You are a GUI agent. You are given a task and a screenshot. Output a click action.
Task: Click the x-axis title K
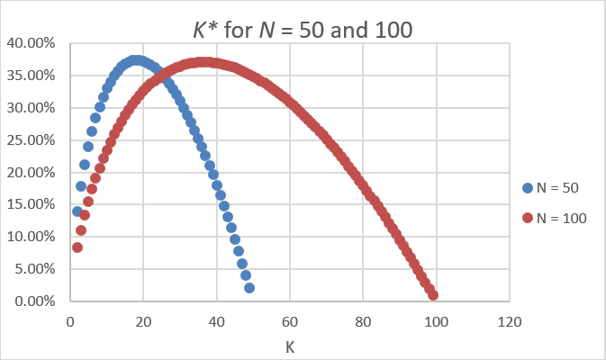click(x=289, y=345)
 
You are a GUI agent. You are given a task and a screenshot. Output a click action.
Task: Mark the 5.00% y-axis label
click(x=34, y=268)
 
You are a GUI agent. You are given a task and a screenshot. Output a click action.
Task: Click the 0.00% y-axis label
click(x=34, y=301)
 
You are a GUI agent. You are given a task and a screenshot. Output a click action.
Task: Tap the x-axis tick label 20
click(x=143, y=319)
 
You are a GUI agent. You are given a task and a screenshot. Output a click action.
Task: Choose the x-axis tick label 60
click(x=290, y=319)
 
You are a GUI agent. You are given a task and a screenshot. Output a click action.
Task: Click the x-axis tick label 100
click(x=436, y=319)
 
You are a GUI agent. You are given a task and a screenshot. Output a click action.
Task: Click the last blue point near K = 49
click(x=249, y=288)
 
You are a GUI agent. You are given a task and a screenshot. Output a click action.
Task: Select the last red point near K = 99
click(x=433, y=294)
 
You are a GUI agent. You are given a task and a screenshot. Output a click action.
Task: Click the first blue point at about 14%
click(x=77, y=211)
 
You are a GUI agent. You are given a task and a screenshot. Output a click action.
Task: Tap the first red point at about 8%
click(x=77, y=247)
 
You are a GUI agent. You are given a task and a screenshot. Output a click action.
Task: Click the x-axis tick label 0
click(x=70, y=319)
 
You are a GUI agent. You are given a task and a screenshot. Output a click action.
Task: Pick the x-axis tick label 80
click(x=363, y=319)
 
